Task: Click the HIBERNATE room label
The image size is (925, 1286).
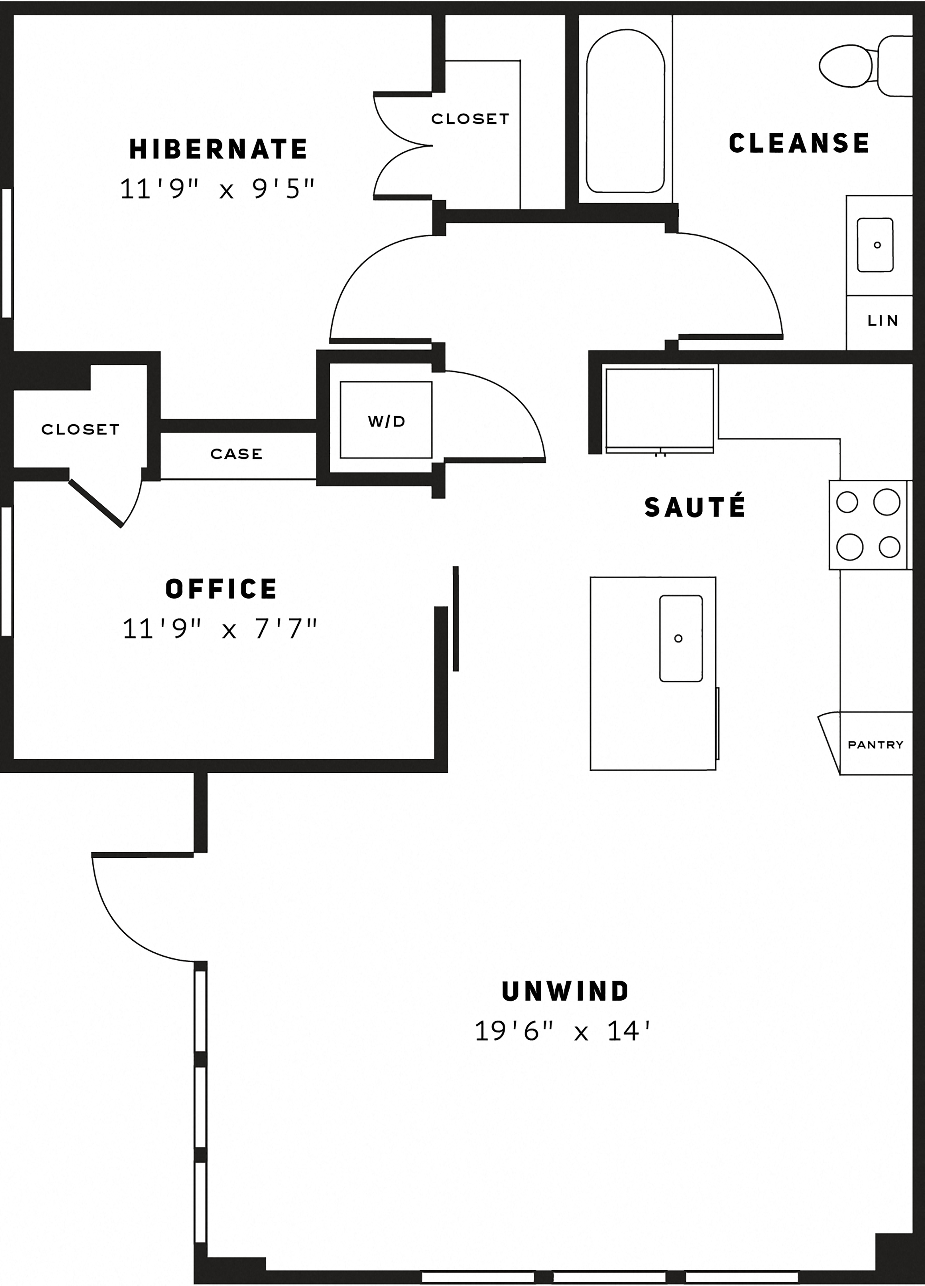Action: click(218, 149)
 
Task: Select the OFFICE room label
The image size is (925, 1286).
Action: click(221, 589)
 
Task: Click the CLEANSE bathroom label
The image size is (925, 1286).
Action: click(799, 143)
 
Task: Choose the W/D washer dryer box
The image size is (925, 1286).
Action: click(386, 420)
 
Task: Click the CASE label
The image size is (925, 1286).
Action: click(236, 454)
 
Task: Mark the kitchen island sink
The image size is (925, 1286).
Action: click(681, 638)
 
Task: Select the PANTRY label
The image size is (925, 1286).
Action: click(875, 745)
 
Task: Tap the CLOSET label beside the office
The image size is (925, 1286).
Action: click(80, 429)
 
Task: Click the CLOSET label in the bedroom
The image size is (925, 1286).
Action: click(470, 118)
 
